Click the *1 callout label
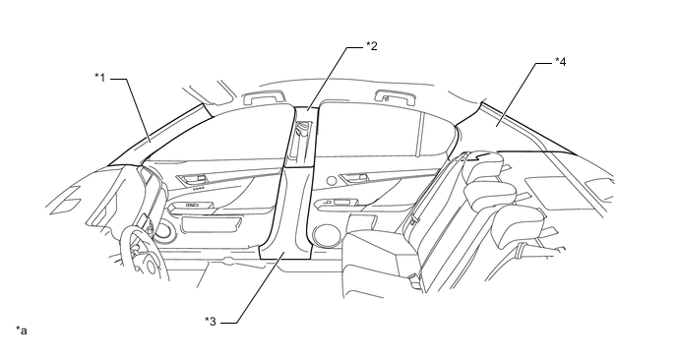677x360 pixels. pyautogui.click(x=99, y=78)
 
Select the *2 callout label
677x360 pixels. pyautogui.click(x=371, y=46)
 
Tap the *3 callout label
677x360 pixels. pyautogui.click(x=211, y=322)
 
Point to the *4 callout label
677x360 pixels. pyautogui.click(x=560, y=62)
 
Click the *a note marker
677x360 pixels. pyautogui.click(x=22, y=330)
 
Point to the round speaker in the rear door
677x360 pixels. pyautogui.click(x=325, y=235)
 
